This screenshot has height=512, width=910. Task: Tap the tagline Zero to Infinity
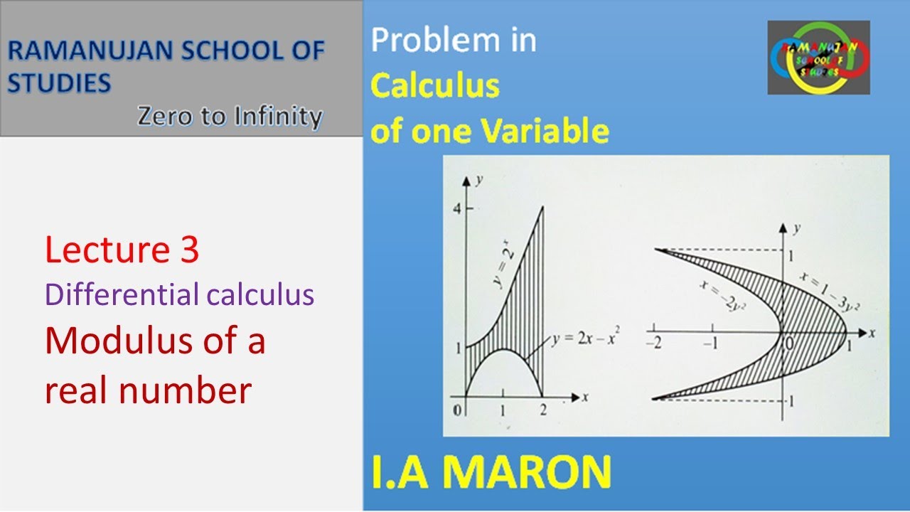(x=230, y=115)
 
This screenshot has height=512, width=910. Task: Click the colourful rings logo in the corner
(x=818, y=58)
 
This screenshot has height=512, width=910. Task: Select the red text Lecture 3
(x=122, y=251)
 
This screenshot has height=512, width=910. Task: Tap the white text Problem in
(x=454, y=41)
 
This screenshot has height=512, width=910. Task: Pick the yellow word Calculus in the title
(x=435, y=86)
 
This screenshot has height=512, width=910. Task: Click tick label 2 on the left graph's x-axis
(x=543, y=410)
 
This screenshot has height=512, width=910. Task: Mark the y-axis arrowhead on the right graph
(x=783, y=228)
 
